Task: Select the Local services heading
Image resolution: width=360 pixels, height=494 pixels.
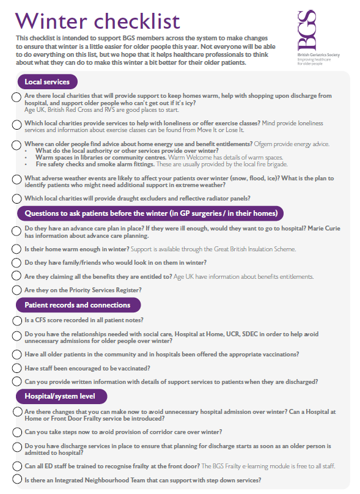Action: tap(46, 81)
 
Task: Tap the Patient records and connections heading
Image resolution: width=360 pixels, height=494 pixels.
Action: tap(77, 304)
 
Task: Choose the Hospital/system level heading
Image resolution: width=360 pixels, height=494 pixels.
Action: tap(59, 396)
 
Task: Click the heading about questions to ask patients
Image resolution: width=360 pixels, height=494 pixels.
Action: tap(150, 213)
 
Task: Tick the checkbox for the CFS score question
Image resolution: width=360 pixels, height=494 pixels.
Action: tap(17, 320)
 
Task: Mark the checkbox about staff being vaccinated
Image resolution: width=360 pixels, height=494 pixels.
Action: tap(17, 368)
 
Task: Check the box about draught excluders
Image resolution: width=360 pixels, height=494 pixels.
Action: tap(17, 198)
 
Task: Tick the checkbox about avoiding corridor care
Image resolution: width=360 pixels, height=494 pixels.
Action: tap(17, 432)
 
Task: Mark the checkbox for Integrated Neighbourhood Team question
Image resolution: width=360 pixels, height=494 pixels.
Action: tap(17, 481)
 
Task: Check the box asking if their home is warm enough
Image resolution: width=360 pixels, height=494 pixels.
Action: tap(17, 249)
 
